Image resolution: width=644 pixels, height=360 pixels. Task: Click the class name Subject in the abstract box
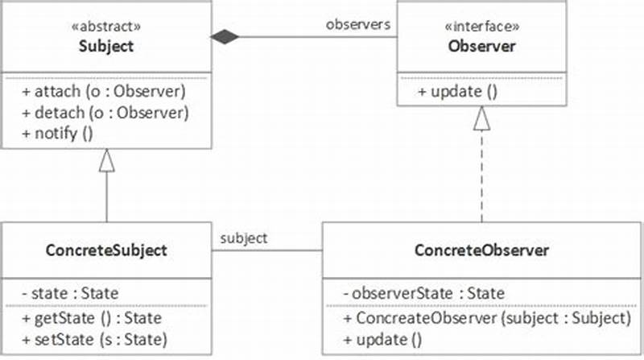(106, 46)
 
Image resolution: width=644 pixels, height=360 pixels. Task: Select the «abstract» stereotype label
(106, 26)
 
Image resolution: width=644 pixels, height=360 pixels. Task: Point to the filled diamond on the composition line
(226, 36)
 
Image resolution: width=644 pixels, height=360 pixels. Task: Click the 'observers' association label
(358, 24)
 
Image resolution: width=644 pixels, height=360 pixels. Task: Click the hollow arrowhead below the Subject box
(107, 160)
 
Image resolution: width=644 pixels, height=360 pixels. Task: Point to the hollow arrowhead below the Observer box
(481, 119)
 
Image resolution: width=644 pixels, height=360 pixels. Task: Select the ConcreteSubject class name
(106, 250)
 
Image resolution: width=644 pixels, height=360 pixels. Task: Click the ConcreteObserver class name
(481, 250)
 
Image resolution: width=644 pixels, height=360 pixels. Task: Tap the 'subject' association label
(245, 238)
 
